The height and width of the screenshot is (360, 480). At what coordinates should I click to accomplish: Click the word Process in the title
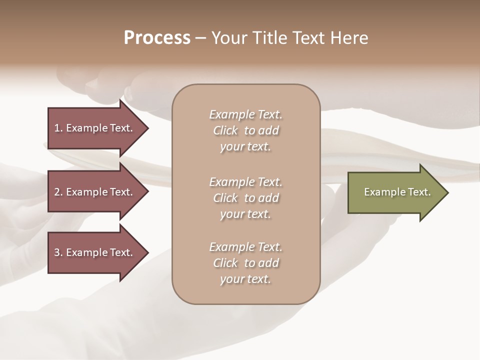click(x=157, y=38)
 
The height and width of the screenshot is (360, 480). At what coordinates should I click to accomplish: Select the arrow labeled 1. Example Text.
click(x=95, y=128)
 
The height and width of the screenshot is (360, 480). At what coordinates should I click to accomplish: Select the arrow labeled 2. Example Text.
click(x=95, y=192)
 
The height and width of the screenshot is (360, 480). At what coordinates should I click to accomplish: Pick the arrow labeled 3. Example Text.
click(x=95, y=252)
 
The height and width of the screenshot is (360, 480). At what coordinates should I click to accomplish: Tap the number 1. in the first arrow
click(x=58, y=128)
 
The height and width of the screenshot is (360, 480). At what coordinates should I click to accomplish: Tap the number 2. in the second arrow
click(x=58, y=192)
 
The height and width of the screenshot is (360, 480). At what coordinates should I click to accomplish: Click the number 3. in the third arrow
click(x=58, y=252)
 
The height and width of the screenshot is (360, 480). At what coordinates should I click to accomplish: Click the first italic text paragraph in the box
click(x=245, y=130)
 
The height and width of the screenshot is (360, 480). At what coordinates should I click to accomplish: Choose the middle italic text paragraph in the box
click(x=245, y=198)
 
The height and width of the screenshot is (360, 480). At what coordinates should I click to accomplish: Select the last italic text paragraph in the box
click(x=245, y=263)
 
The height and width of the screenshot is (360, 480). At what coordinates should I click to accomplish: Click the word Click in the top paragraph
click(x=225, y=130)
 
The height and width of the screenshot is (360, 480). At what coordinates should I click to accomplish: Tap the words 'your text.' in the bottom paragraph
click(x=245, y=279)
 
